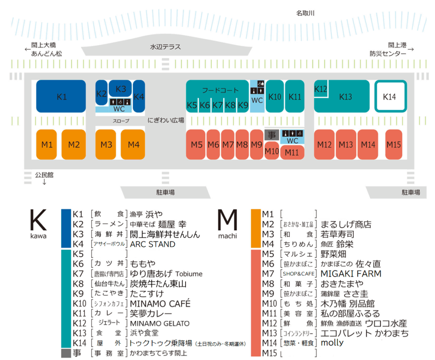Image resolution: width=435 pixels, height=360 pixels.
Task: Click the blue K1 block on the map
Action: (61, 96)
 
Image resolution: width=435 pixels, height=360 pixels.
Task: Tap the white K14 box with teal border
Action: (391, 96)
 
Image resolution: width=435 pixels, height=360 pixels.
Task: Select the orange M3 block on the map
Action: (106, 145)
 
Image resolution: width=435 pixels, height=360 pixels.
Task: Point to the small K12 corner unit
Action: (321, 89)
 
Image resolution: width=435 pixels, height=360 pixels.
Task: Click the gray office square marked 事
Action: (271, 135)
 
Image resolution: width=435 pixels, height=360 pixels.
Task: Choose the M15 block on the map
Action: (394, 145)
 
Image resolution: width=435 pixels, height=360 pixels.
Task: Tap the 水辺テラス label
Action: (165, 47)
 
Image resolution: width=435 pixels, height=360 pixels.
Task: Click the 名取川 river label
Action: (305, 13)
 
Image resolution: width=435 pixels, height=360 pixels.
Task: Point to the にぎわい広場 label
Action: (166, 120)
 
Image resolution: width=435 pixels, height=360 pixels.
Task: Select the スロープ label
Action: (121, 121)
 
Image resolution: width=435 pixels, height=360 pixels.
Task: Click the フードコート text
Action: (220, 90)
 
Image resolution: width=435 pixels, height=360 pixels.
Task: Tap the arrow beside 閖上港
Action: (411, 49)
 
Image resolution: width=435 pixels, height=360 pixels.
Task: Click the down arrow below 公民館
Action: (44, 182)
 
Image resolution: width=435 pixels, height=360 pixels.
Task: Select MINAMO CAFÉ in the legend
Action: (160, 303)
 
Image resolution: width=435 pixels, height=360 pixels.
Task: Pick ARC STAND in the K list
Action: (153, 244)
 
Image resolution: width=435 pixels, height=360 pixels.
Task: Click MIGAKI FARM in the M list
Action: (351, 274)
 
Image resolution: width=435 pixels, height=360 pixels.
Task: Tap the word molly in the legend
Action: (332, 343)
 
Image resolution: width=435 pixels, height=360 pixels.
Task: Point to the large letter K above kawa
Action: (38, 220)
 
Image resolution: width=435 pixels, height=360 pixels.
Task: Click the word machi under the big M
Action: (228, 236)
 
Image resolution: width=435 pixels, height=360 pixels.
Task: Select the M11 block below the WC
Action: (292, 152)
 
